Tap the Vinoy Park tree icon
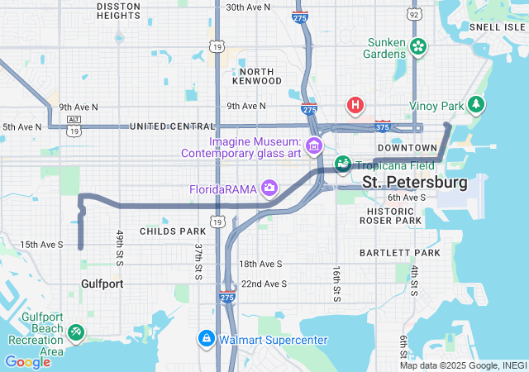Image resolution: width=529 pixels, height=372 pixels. pyautogui.click(x=475, y=105)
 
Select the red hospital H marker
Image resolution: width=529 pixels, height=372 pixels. pyautogui.click(x=355, y=105)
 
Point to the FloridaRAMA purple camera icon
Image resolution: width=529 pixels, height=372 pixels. pyautogui.click(x=269, y=188)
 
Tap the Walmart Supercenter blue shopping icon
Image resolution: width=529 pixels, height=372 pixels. pyautogui.click(x=206, y=339)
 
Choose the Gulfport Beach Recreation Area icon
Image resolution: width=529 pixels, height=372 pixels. pyautogui.click(x=75, y=331)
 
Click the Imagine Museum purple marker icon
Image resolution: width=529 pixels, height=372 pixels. pyautogui.click(x=313, y=147)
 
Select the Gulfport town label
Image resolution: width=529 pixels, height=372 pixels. pyautogui.click(x=102, y=284)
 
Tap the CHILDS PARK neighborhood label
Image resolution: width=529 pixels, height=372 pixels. pyautogui.click(x=172, y=231)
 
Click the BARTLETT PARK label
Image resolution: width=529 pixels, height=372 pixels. pyautogui.click(x=399, y=251)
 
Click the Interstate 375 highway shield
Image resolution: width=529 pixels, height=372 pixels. pyautogui.click(x=383, y=127)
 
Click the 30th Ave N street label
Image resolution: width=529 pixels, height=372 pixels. pyautogui.click(x=248, y=7)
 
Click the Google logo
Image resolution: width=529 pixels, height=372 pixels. pyautogui.click(x=27, y=361)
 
